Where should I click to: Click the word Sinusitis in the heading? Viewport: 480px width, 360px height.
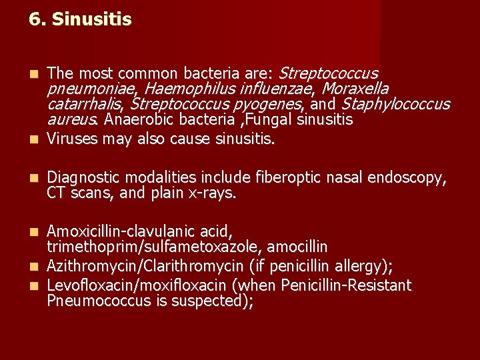click(91, 20)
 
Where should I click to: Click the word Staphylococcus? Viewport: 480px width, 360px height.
click(395, 105)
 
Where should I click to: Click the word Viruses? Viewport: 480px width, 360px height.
click(74, 139)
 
